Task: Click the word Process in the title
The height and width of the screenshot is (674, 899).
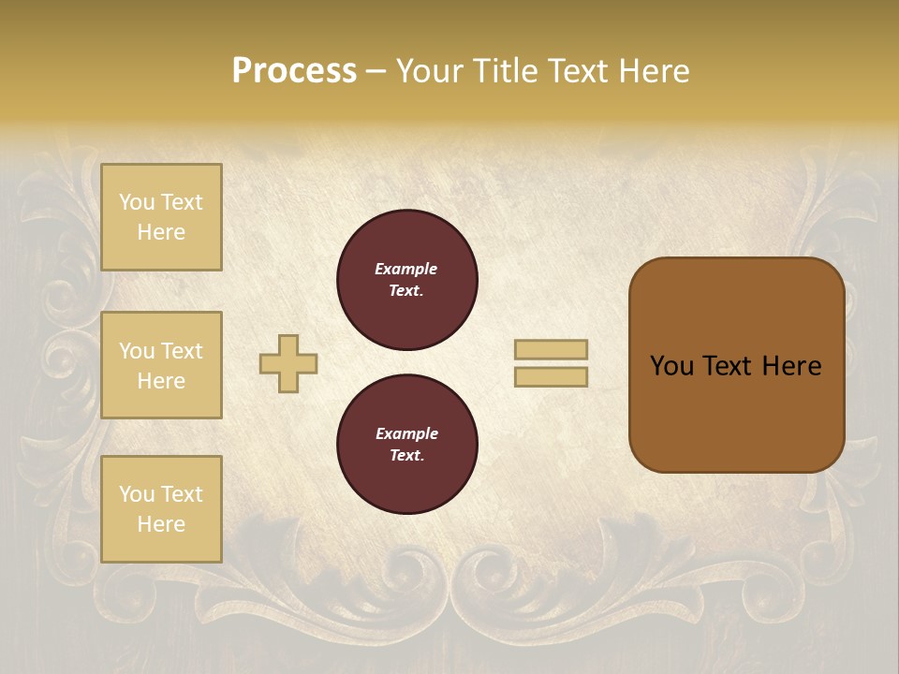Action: tap(294, 71)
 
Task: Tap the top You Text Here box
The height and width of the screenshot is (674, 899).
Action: tap(161, 217)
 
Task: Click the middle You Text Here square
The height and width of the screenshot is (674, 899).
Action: tap(161, 365)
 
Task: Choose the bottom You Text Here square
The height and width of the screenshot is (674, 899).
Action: tap(161, 509)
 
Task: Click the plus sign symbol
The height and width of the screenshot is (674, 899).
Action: tap(288, 363)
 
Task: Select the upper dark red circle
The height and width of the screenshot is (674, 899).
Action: tap(407, 280)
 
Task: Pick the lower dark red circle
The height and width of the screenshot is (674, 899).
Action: tap(407, 445)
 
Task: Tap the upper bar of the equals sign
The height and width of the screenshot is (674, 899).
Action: tap(552, 350)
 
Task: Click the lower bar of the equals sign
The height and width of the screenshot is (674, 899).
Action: tap(552, 377)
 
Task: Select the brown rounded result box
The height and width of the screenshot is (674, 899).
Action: tap(737, 365)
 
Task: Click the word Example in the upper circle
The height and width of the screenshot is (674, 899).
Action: tap(406, 269)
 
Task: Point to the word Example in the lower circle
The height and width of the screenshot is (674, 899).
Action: tap(406, 433)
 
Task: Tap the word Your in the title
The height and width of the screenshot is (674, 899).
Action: tap(427, 71)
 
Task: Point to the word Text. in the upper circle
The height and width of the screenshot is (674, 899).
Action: tap(406, 291)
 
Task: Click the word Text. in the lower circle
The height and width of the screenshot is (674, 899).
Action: tap(406, 456)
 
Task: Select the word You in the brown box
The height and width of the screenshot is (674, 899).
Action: tap(671, 366)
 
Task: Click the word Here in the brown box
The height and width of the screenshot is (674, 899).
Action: tap(791, 366)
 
